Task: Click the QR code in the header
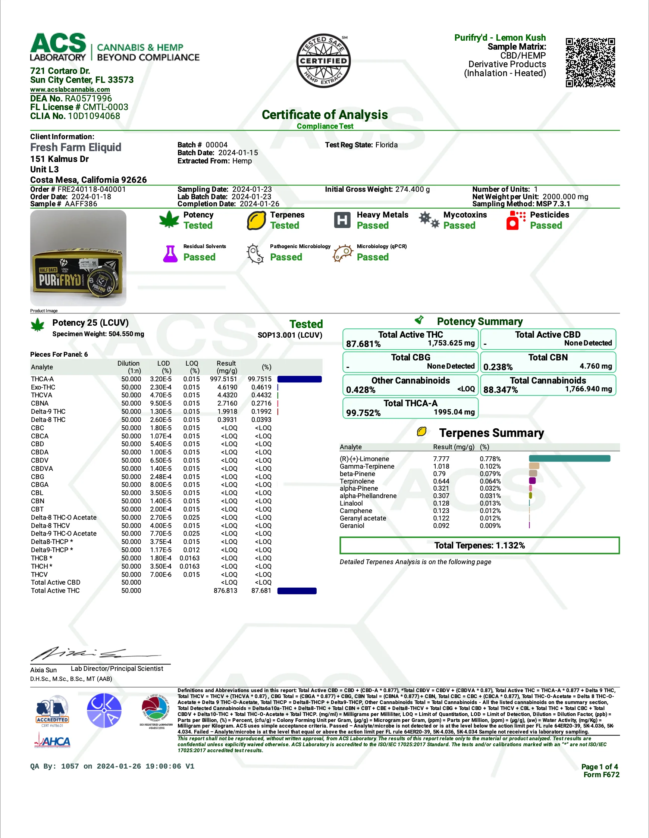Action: click(590, 63)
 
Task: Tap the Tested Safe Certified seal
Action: click(323, 60)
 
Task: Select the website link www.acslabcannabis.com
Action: click(70, 90)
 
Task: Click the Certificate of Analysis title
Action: click(324, 115)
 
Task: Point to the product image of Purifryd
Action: click(78, 258)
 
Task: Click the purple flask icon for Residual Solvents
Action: click(170, 254)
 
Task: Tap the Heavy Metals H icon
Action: click(342, 220)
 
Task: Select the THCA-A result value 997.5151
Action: click(223, 379)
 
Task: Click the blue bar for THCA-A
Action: click(299, 379)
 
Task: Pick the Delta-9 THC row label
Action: click(48, 411)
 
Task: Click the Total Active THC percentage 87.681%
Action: click(363, 344)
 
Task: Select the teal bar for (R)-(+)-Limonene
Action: click(569, 459)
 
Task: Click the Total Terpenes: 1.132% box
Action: click(479, 545)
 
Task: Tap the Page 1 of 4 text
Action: click(599, 767)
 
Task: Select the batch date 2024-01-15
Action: click(238, 153)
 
